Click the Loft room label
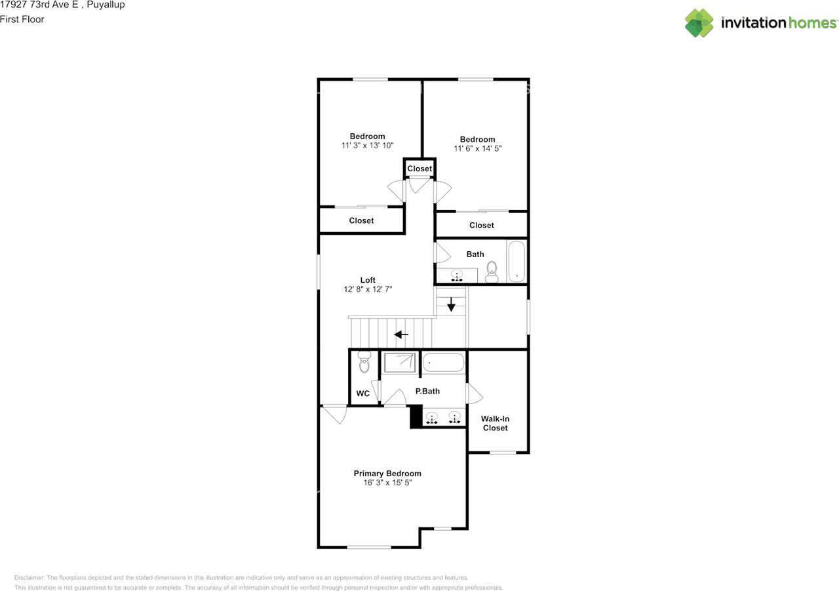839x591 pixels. tap(368, 280)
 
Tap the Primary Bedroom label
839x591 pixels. tap(387, 474)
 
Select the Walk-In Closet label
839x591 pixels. tap(495, 423)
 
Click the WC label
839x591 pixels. tap(362, 393)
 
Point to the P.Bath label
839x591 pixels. tap(427, 391)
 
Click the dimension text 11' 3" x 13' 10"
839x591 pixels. tap(367, 146)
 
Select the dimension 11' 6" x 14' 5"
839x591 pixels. tap(478, 148)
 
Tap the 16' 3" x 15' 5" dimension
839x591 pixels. tap(387, 483)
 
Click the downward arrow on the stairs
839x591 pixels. tap(451, 304)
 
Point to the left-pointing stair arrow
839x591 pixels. tap(400, 334)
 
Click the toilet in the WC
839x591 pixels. tap(364, 361)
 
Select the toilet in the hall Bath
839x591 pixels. tap(492, 272)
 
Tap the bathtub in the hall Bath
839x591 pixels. tap(517, 261)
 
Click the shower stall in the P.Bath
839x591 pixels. tap(400, 362)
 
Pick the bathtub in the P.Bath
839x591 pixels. tap(443, 362)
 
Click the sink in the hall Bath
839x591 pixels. tap(457, 275)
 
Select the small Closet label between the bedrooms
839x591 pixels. tap(419, 169)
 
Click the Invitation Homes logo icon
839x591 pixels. tap(699, 23)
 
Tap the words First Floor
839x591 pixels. tap(22, 19)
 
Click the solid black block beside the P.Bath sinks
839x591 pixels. tap(416, 417)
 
